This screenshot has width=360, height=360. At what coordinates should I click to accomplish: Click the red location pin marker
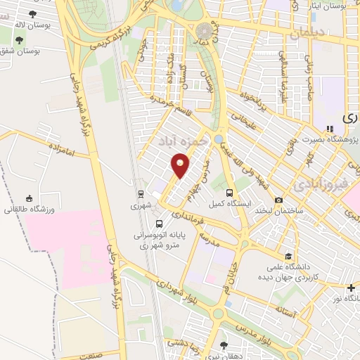point(181,167)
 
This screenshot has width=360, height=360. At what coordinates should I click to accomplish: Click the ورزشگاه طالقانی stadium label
point(25,210)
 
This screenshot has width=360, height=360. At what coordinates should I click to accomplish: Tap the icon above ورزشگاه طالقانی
point(29,198)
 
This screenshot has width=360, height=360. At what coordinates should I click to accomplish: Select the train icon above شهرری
point(140,194)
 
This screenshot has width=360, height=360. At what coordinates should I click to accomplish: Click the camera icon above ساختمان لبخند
point(279,200)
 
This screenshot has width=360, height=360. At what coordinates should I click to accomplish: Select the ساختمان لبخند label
point(278,211)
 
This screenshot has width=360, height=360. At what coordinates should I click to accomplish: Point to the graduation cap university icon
point(288,256)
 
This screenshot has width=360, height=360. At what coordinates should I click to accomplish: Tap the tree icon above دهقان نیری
point(224,345)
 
